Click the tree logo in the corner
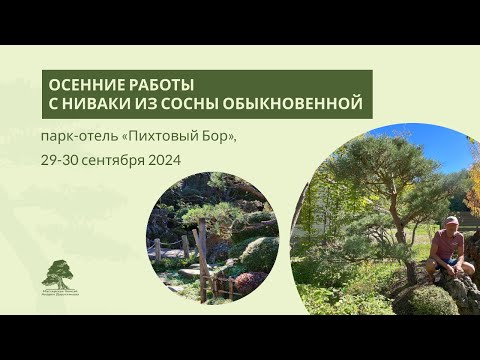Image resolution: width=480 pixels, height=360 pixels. [60, 273]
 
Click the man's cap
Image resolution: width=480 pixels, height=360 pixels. [452, 220]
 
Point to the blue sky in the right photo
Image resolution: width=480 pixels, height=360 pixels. [440, 140]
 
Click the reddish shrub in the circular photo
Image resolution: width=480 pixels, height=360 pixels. [245, 282]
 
